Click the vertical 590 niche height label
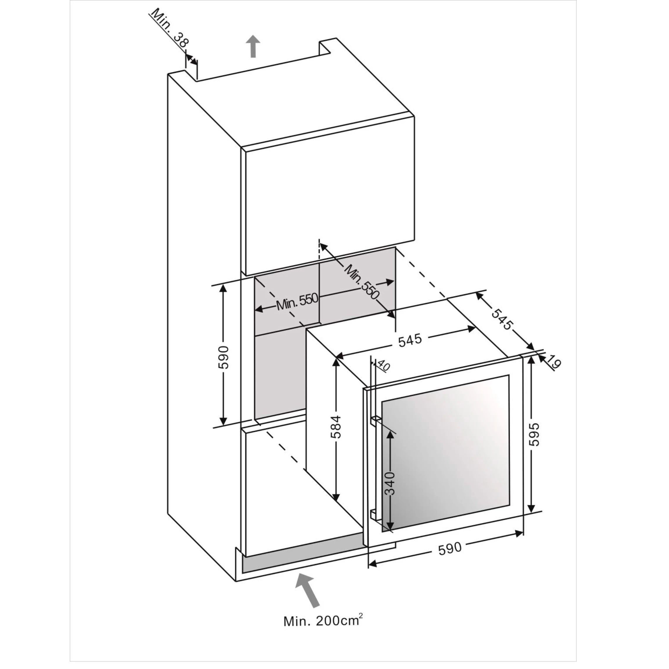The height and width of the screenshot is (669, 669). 224,357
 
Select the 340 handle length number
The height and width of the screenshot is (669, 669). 390,483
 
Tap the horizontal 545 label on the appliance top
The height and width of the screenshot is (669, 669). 410,340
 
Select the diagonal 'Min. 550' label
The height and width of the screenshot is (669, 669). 362,282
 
